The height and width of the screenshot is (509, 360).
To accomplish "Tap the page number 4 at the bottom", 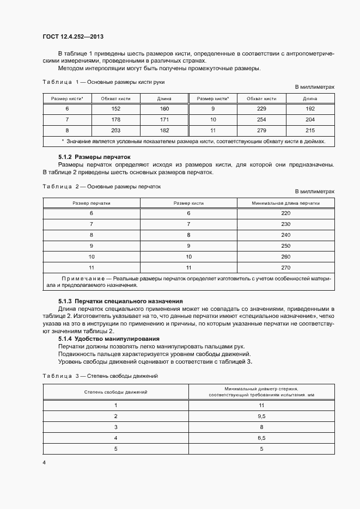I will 44,463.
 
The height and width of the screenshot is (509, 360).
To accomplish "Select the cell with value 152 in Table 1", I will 115,109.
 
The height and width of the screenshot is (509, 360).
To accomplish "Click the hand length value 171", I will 164,119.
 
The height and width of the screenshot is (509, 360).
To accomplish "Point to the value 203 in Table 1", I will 115,130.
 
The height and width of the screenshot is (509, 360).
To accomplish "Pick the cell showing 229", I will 261,109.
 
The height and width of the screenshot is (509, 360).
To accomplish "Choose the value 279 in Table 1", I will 261,130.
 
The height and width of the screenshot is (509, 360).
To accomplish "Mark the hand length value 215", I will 310,130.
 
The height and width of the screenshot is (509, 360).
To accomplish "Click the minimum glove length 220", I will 286,213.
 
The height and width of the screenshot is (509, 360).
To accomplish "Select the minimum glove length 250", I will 286,246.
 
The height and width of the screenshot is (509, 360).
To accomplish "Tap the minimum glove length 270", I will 286,267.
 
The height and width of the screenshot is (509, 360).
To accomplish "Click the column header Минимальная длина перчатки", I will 286,203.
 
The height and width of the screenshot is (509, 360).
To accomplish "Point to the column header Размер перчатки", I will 91,203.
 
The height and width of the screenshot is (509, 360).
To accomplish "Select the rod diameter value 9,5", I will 261,416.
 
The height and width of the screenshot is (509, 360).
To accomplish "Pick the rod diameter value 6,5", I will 261,438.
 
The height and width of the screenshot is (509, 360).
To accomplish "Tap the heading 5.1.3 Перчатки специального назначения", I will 120,301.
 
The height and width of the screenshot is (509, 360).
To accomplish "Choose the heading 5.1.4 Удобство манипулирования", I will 108,339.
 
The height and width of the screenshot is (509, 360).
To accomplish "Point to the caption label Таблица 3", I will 60,376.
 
